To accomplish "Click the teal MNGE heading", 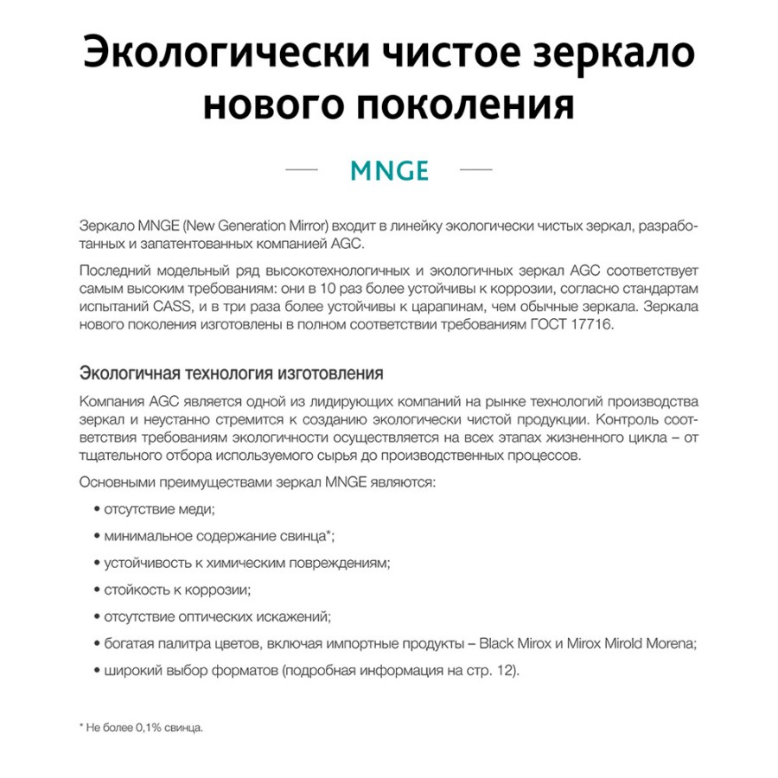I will coord(389,169).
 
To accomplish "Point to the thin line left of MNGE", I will coord(302,169).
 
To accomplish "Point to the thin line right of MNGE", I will coord(475,169).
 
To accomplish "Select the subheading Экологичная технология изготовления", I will coord(231,374).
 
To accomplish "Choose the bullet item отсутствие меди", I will coord(159,509).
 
